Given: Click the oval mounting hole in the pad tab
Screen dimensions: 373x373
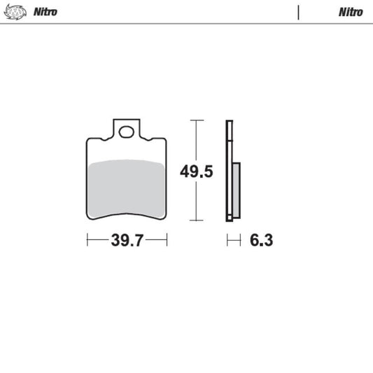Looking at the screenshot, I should [127, 131].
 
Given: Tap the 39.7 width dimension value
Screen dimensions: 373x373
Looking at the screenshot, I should [127, 241].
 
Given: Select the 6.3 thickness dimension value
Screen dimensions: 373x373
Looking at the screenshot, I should [261, 241].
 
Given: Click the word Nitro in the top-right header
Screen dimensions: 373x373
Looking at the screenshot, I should [351, 13].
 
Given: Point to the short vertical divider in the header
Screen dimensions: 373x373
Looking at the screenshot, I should [299, 13].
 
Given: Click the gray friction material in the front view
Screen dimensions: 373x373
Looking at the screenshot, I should [127, 185].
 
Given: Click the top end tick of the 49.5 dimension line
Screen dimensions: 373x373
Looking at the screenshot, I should [197, 120].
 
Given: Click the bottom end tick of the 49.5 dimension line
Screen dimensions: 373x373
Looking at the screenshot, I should [197, 220].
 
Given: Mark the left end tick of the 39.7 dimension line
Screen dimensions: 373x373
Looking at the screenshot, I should [87, 241].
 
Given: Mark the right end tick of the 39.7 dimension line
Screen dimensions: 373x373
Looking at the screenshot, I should [167, 241].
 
